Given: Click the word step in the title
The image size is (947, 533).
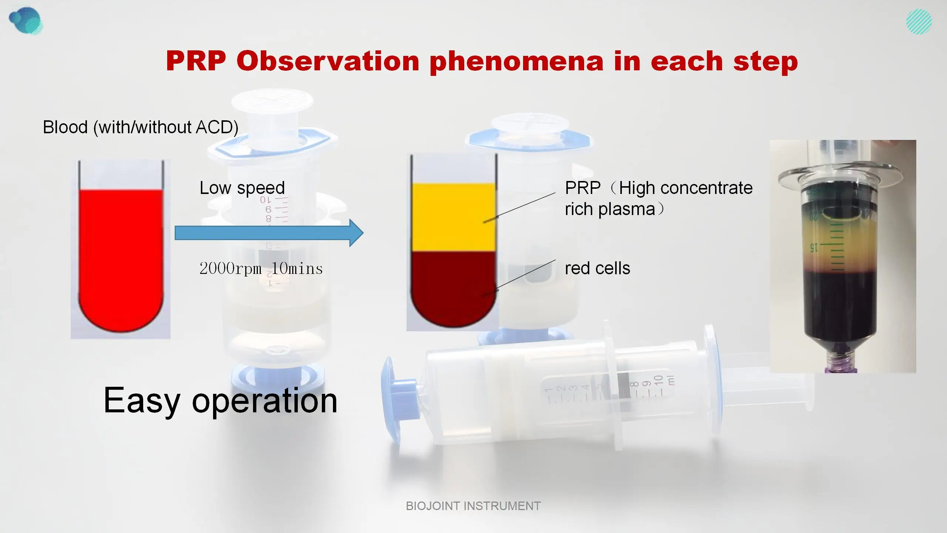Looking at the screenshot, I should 765,61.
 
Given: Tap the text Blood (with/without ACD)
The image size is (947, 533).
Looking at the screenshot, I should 141,127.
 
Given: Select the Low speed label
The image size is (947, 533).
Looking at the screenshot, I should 242,188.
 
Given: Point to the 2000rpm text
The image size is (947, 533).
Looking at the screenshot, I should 230,269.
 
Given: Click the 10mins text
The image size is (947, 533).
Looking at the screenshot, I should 297,269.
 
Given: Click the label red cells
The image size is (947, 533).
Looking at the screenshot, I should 597,268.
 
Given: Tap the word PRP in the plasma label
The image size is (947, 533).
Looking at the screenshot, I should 583,188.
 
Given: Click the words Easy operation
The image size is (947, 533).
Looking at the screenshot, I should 220,400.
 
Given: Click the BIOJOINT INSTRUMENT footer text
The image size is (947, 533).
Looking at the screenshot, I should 473,506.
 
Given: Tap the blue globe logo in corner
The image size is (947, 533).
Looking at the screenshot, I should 25,20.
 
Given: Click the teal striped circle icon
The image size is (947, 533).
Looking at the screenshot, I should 919,22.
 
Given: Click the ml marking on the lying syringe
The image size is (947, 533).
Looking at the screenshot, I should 671,380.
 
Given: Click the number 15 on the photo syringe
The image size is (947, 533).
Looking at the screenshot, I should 813,247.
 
